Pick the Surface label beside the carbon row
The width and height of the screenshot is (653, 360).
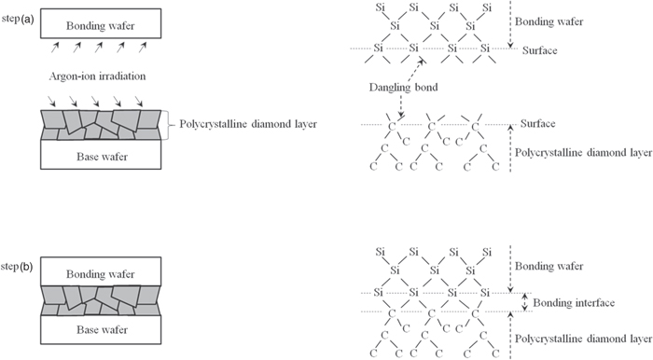559,123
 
